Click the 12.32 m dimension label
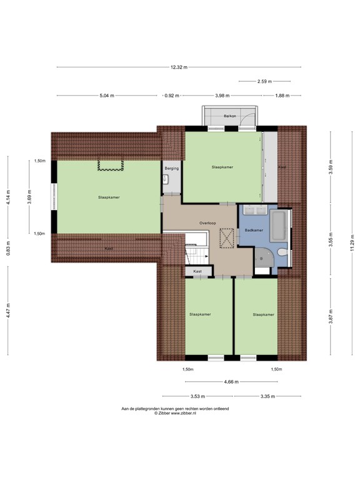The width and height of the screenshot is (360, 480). click(x=179, y=67)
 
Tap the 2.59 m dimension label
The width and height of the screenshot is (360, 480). click(x=264, y=81)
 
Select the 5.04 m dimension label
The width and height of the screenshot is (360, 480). click(x=107, y=96)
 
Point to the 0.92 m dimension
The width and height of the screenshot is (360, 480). click(x=172, y=96)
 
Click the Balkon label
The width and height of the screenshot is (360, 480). click(x=230, y=116)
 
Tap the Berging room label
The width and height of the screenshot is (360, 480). click(x=172, y=168)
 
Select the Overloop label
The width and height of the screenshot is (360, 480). click(x=207, y=223)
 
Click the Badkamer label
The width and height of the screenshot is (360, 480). click(x=254, y=230)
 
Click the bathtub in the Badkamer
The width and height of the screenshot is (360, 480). click(x=279, y=225)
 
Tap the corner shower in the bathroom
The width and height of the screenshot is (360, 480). click(x=263, y=257)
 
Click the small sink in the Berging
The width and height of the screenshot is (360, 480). click(x=165, y=179)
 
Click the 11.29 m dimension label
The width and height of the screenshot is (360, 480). click(x=353, y=242)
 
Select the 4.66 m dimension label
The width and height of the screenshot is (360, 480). click(x=231, y=382)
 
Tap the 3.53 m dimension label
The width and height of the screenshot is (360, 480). click(x=197, y=396)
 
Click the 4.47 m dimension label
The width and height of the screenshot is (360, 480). click(x=8, y=311)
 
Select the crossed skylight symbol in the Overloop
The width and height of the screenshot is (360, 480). click(x=226, y=238)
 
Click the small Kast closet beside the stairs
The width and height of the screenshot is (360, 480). click(x=197, y=271)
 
